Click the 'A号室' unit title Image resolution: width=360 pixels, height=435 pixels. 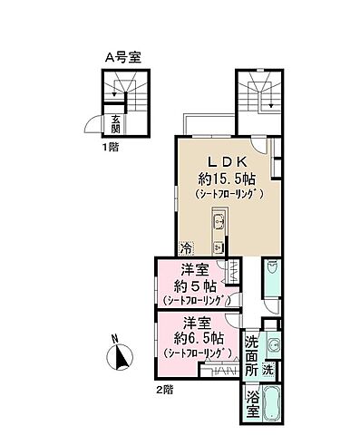(126, 56)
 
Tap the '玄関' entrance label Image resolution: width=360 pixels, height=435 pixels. (116, 124)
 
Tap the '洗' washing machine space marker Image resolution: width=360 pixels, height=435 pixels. (268, 369)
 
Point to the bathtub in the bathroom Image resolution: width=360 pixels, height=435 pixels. (273, 403)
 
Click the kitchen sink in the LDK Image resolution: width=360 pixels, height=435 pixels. (218, 223)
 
